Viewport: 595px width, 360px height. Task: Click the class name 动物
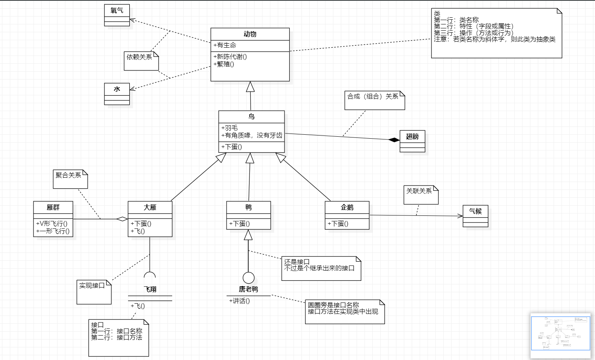click(250, 34)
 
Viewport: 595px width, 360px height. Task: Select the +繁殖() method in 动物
click(224, 64)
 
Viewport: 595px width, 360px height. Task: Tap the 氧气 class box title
click(117, 11)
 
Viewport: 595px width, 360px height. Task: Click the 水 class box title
click(117, 89)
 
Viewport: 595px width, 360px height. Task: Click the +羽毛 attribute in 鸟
click(230, 128)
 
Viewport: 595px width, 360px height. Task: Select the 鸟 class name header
click(251, 117)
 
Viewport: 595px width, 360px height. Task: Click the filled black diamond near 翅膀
click(394, 140)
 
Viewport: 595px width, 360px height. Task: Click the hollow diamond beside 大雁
click(122, 219)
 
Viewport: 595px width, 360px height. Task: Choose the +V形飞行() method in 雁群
click(52, 224)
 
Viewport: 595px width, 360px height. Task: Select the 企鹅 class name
click(347, 207)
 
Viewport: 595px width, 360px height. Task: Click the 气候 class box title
click(475, 211)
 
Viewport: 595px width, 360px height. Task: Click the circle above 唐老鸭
click(248, 278)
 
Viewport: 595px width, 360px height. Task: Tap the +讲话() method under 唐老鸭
click(240, 301)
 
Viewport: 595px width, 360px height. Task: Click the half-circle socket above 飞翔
click(150, 275)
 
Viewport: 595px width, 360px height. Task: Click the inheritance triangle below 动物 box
click(250, 87)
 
